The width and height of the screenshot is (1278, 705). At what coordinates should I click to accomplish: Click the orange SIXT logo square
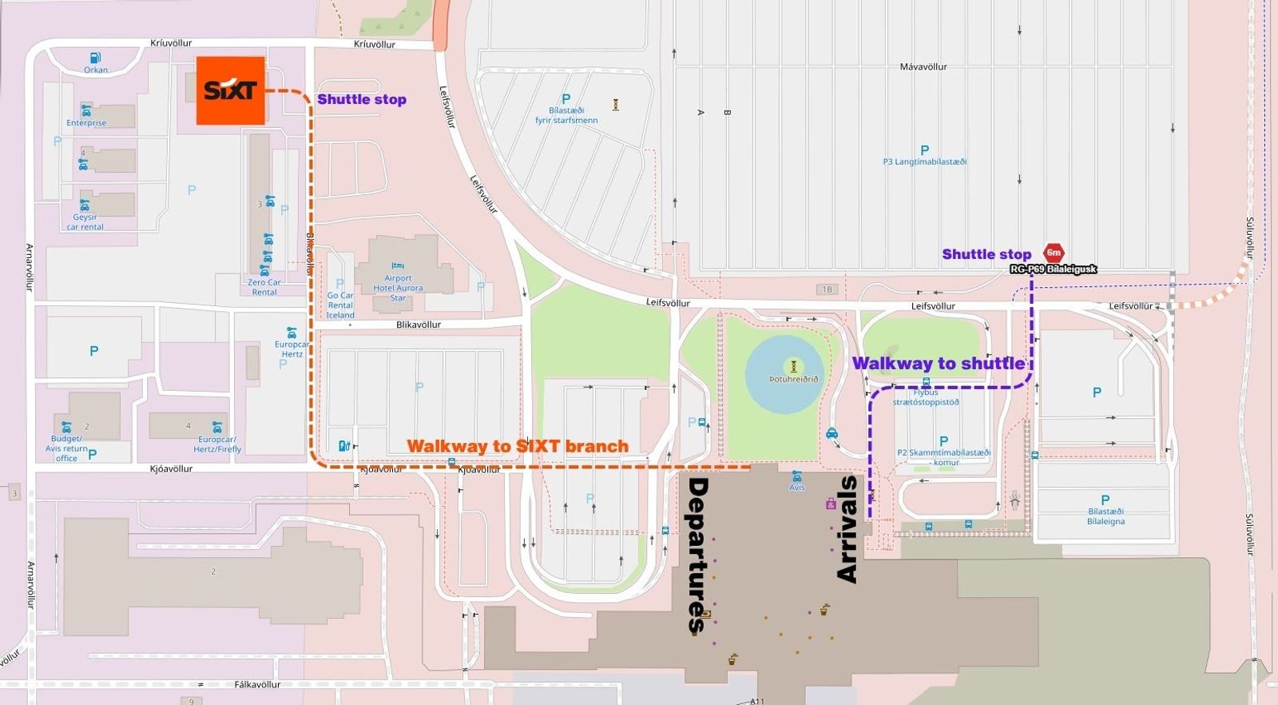230,90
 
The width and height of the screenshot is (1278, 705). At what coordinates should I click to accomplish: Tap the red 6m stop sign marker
1054,253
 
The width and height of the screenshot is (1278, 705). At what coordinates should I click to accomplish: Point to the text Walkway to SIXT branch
518,446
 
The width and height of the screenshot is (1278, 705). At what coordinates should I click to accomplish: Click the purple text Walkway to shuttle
938,364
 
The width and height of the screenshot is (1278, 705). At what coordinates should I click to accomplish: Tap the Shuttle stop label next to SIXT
362,99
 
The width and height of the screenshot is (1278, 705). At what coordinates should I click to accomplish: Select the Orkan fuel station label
96,70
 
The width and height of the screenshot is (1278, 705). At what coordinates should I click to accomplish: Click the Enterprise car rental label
86,123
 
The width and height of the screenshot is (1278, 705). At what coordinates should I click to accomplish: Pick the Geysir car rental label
85,221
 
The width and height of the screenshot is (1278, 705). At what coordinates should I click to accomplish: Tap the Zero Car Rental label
264,287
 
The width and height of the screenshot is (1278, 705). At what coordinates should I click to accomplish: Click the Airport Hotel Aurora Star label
398,288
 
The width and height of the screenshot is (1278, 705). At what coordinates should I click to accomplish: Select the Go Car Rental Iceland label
340,305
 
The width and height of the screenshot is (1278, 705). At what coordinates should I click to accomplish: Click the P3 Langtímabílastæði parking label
924,161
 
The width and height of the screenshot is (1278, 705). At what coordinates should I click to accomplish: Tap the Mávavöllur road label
923,67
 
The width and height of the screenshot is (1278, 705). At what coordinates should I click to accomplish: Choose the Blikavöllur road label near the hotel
419,325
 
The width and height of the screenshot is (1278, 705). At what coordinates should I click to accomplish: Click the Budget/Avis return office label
66,448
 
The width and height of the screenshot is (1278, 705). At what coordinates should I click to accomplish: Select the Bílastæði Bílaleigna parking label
1105,516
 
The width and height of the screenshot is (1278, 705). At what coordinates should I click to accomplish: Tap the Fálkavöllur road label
257,685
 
